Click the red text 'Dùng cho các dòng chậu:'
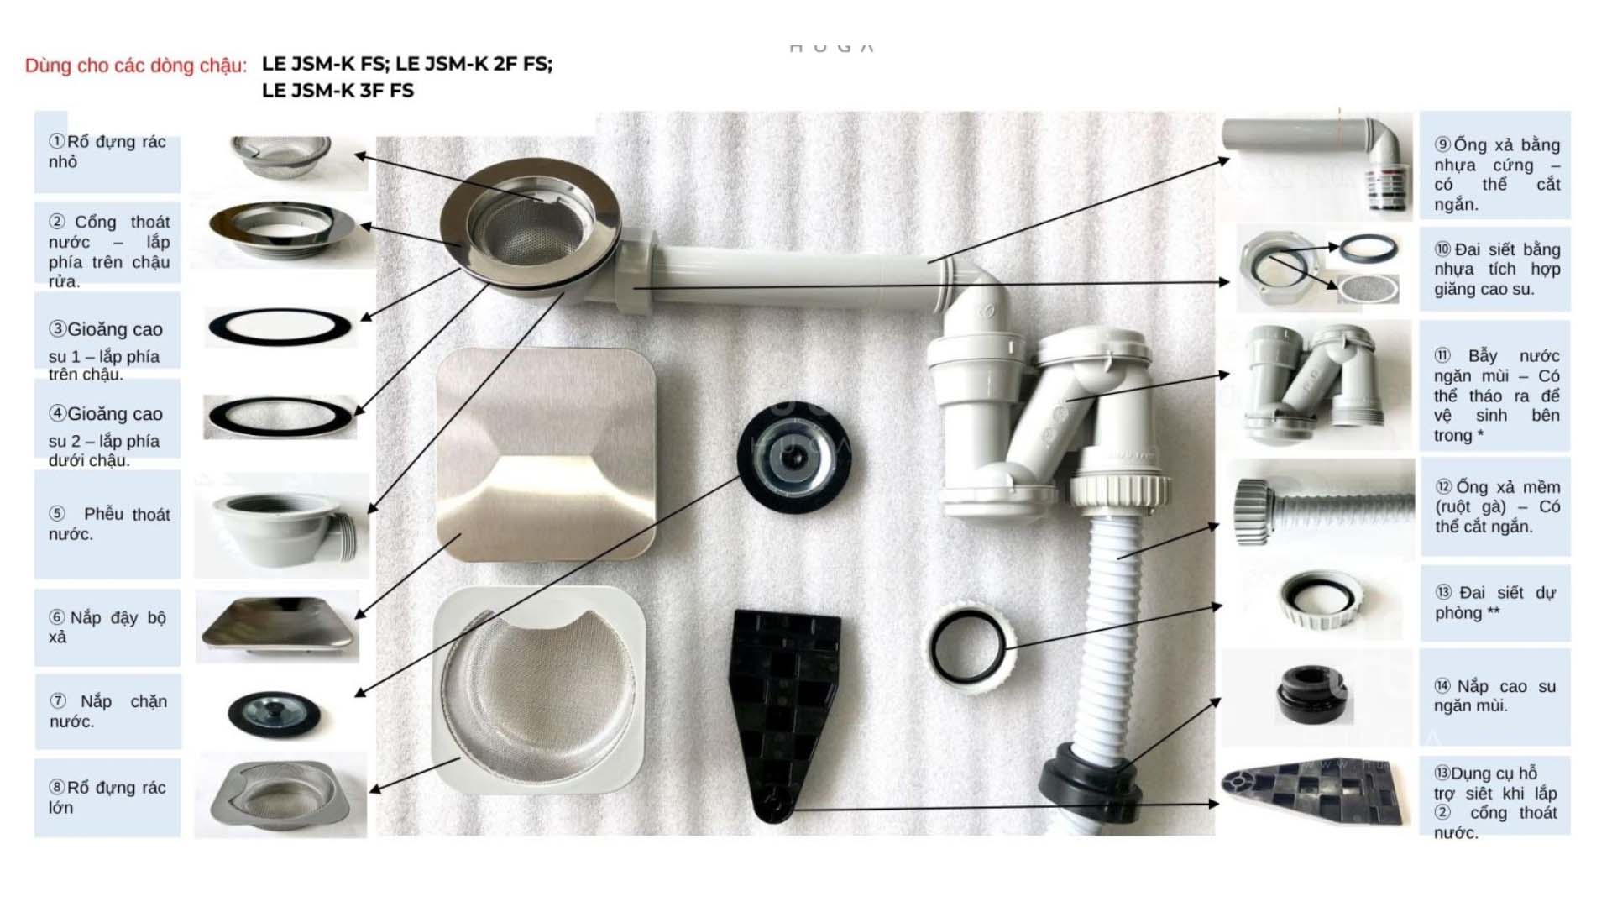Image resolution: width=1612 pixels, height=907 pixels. (x=136, y=66)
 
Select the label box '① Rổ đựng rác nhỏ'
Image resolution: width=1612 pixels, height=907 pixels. (x=107, y=152)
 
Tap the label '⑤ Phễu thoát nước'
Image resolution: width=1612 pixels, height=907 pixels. (x=107, y=524)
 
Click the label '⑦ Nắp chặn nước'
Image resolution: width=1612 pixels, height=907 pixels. (x=107, y=710)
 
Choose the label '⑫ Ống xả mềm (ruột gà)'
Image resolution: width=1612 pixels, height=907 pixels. (x=1495, y=506)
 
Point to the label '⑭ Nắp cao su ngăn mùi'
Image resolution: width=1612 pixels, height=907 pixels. (x=1495, y=696)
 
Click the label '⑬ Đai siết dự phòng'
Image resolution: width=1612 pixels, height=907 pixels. (x=1495, y=603)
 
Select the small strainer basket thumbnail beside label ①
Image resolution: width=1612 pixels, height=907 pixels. (x=280, y=156)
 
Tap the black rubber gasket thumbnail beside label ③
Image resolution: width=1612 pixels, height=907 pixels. (x=280, y=328)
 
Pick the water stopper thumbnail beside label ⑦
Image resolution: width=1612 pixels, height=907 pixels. (x=274, y=713)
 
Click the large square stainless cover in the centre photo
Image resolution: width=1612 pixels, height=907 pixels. (x=546, y=454)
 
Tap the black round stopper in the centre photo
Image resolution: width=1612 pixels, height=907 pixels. (x=794, y=458)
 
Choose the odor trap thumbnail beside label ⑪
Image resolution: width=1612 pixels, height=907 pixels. (x=1314, y=382)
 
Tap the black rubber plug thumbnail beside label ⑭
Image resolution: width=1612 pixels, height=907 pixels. (x=1310, y=695)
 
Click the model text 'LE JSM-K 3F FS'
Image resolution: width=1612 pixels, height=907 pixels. (x=338, y=91)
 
